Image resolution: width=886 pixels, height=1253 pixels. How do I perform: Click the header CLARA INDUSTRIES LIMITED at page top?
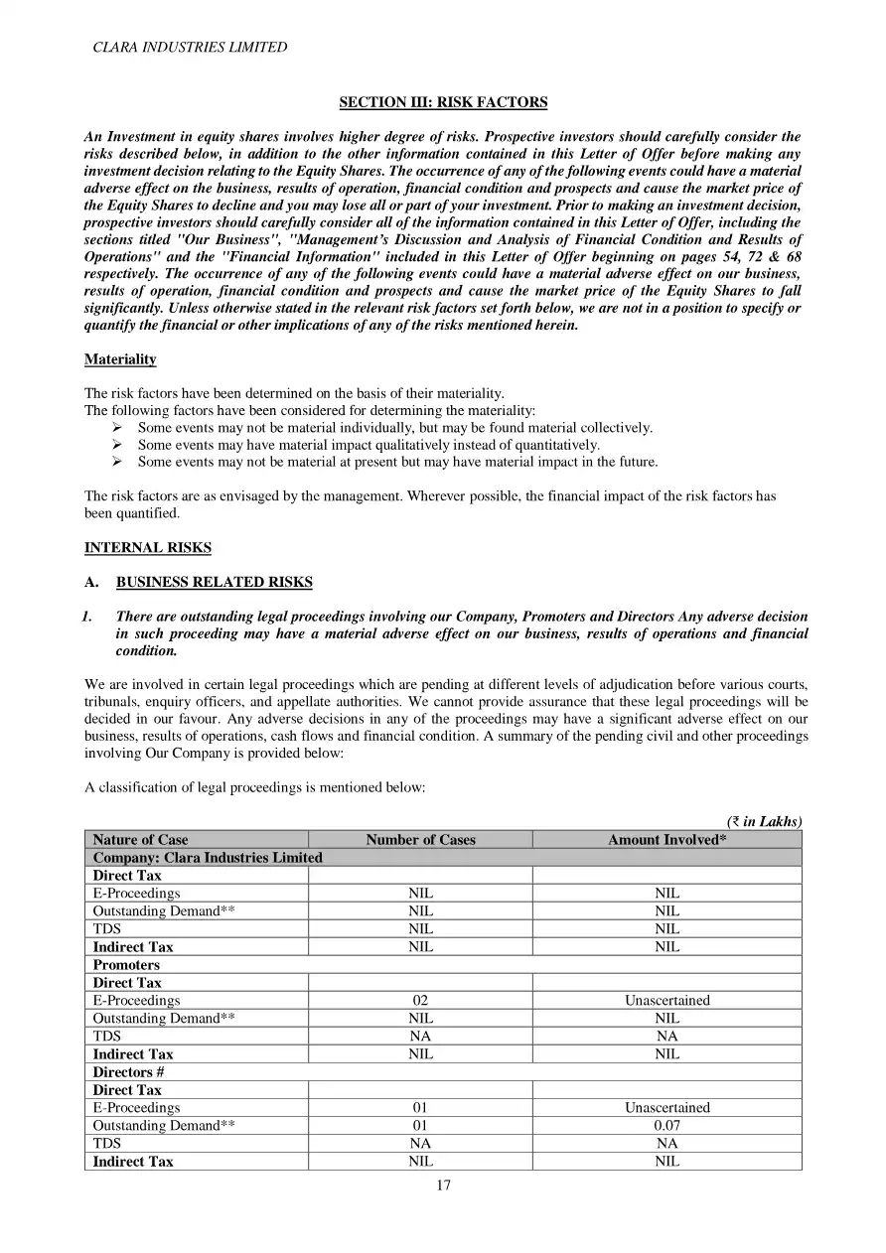(x=190, y=47)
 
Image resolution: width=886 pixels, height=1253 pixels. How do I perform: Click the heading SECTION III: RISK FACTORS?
(x=443, y=102)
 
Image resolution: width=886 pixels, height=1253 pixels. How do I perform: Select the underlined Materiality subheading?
(x=120, y=359)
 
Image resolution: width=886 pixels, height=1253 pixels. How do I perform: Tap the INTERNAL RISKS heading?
(x=147, y=548)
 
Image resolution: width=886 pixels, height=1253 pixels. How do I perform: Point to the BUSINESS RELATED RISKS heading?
(x=214, y=583)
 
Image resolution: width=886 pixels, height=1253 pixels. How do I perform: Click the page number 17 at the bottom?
(x=443, y=1184)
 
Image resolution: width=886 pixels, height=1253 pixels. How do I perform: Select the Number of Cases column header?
(x=420, y=840)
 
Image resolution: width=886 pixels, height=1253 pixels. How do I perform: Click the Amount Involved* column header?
(x=666, y=840)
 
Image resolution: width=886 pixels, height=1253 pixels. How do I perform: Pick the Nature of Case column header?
(x=140, y=840)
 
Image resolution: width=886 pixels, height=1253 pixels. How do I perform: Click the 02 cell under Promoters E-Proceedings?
(x=420, y=1001)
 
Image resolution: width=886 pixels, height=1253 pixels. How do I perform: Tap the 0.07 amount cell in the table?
(x=666, y=1126)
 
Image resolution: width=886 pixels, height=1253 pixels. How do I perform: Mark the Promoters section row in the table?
(x=126, y=965)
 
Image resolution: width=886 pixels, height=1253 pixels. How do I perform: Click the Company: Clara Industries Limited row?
(x=208, y=858)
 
